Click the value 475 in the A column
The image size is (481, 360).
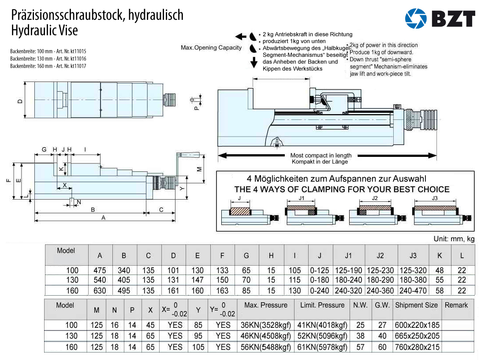pos(100,270)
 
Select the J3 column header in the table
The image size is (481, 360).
pos(413,256)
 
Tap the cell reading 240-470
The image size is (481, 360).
pos(413,291)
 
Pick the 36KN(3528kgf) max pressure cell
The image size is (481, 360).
pos(265,325)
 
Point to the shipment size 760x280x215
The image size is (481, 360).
pos(417,347)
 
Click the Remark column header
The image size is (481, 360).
pos(456,305)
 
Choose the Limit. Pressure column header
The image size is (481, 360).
pos(322,305)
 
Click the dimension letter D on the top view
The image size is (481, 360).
pos(20,101)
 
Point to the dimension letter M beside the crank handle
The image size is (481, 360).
pos(199,169)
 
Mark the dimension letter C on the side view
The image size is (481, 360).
pos(161,210)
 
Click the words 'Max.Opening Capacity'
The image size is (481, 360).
pos(211,48)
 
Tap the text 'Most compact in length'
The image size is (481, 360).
pos(321,155)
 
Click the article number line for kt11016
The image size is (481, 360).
pos(48,59)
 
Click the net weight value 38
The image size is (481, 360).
pos(360,336)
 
